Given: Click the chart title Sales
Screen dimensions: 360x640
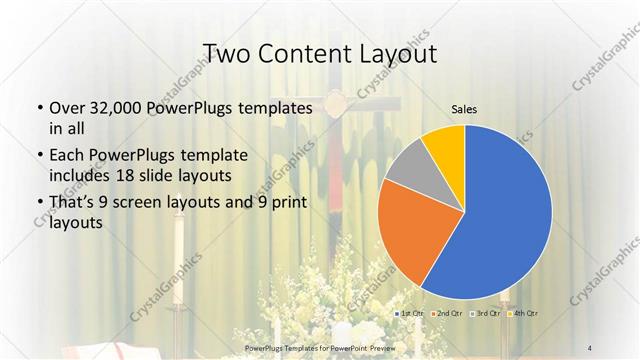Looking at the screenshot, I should tap(463, 112).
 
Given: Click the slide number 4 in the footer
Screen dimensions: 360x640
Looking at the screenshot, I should tap(592, 347).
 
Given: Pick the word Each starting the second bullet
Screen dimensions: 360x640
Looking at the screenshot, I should tap(68, 155).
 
